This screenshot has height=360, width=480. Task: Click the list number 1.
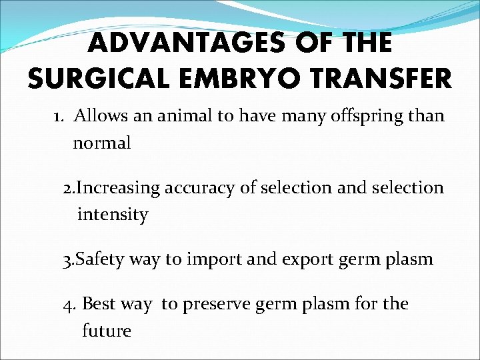pos(59,116)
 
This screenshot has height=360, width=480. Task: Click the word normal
pos(102,143)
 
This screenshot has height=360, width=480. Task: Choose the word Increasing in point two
pos(119,189)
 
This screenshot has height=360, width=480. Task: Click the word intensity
pos(113,215)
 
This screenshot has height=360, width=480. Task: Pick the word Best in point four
pos(97,304)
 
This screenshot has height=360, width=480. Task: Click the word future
pos(107,331)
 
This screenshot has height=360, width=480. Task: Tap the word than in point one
pos(428,116)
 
